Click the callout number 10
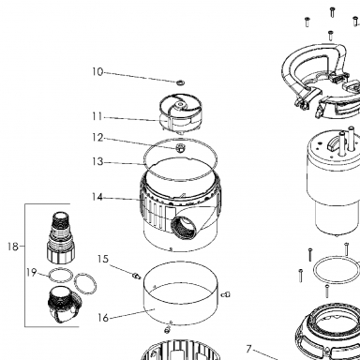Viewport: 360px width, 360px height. click(x=97, y=72)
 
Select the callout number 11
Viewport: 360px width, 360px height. click(x=97, y=116)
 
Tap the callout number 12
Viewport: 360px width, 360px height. click(x=97, y=138)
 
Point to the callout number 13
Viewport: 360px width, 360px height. click(x=97, y=162)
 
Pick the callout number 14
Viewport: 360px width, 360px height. click(x=97, y=197)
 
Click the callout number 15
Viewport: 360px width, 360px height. click(x=103, y=259)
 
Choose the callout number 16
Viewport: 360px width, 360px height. click(x=103, y=318)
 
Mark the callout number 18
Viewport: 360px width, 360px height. click(x=13, y=247)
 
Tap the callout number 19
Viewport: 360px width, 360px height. click(x=32, y=273)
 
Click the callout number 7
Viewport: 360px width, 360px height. click(x=248, y=349)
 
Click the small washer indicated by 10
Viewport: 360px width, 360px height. click(x=180, y=82)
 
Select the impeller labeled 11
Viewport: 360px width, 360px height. click(x=181, y=114)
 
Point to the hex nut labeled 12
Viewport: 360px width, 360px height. click(x=180, y=147)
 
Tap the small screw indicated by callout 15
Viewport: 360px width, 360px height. click(x=136, y=276)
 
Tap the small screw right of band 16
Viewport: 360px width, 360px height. click(x=226, y=294)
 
